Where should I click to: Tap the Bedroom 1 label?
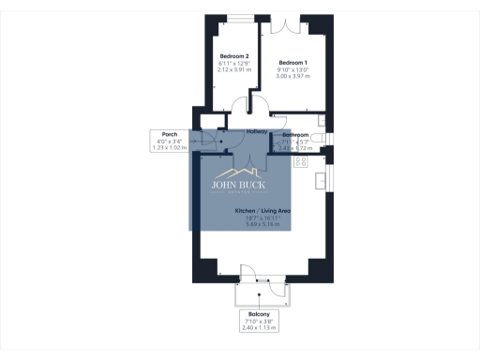pyautogui.click(x=292, y=62)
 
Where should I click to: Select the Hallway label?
pyautogui.click(x=257, y=130)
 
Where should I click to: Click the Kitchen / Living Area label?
pyautogui.click(x=262, y=212)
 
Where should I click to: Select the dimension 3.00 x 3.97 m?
pyautogui.click(x=292, y=75)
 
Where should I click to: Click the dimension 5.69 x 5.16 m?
pyautogui.click(x=262, y=226)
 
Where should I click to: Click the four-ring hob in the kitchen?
pyautogui.click(x=302, y=161)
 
